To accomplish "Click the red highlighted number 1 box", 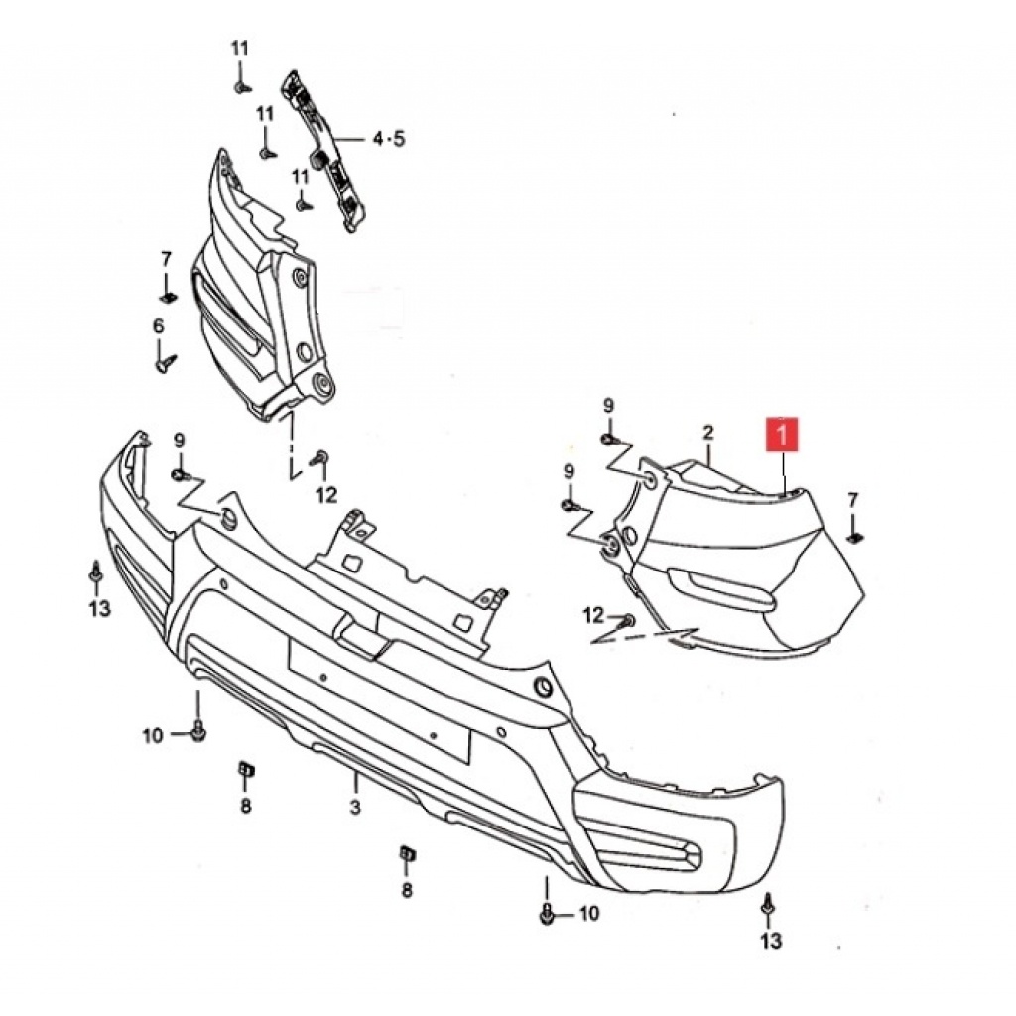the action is [x=782, y=435].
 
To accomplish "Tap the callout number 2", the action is [x=707, y=433].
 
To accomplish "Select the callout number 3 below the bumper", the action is [x=355, y=808].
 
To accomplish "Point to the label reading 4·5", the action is [x=389, y=138].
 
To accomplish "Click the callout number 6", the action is [x=159, y=325].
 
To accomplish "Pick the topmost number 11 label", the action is [x=240, y=48].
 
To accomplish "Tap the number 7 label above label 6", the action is [x=166, y=259].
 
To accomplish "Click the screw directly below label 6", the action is [x=166, y=361].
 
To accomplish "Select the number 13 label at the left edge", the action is [x=100, y=608].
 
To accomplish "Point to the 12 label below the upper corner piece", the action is [x=326, y=496].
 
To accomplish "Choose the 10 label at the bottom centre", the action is [x=589, y=914].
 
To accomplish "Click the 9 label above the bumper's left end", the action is [x=179, y=441].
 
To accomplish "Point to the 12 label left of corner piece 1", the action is [x=593, y=615].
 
